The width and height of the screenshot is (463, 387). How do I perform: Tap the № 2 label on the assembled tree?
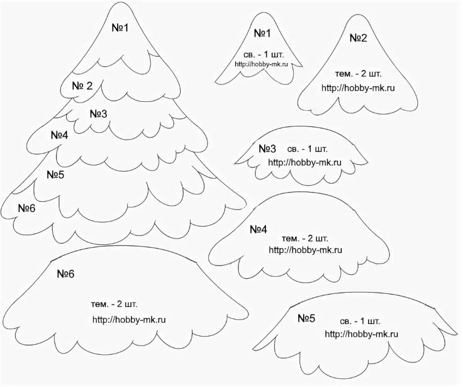point(82,86)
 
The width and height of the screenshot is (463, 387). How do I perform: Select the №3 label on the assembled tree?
point(98,114)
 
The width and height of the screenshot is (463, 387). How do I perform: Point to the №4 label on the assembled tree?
point(59,135)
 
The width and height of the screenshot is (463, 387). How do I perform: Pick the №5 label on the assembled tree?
point(55,174)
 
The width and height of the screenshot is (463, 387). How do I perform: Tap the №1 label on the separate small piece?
point(262,33)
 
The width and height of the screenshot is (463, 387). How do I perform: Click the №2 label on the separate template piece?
point(359,38)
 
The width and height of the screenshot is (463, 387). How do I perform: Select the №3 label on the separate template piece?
point(267,149)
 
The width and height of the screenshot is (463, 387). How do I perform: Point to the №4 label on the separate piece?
point(259,229)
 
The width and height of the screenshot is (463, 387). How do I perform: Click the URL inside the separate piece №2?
point(358,87)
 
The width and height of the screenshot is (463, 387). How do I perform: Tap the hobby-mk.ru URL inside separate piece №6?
point(129,319)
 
